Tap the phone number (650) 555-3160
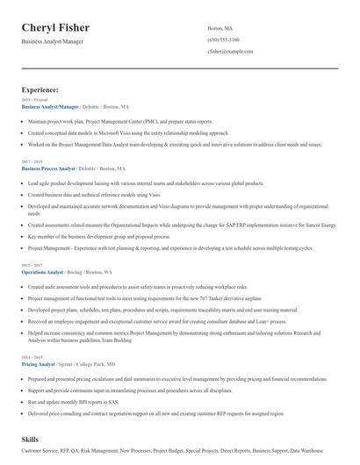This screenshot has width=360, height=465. point(223,40)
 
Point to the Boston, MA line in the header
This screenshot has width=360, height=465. point(221,28)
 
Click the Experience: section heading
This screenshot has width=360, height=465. point(40,89)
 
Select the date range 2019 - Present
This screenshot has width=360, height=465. point(33,100)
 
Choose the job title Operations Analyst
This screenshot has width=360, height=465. point(42,272)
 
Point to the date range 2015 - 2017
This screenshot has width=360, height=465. point(32,266)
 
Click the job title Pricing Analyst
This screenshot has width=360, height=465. point(38,362)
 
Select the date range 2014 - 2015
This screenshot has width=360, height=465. point(32,356)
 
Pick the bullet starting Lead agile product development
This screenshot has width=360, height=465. point(145,183)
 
